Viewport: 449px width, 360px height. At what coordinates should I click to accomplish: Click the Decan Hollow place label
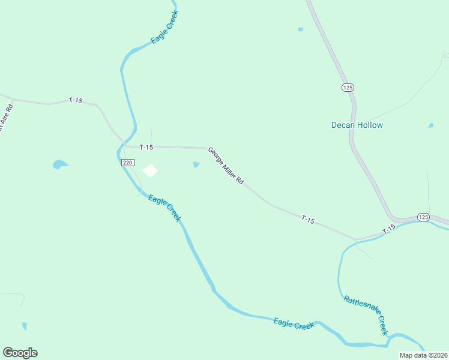coord(357,125)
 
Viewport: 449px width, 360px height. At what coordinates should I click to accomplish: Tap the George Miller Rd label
coord(226,166)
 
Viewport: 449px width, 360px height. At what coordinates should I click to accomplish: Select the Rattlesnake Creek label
coord(366,315)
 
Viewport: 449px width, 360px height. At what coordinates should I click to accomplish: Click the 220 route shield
coord(127,163)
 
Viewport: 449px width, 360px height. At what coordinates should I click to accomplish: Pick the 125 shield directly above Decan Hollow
coord(348,88)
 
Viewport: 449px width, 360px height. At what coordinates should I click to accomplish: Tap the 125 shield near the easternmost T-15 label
coord(423,217)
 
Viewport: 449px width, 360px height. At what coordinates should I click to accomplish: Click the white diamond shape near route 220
coord(149,171)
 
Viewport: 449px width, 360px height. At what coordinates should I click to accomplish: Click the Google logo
coord(20,353)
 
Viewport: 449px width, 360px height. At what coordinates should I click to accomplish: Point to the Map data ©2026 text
coord(423,355)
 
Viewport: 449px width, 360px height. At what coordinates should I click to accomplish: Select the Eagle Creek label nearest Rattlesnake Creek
coord(294,323)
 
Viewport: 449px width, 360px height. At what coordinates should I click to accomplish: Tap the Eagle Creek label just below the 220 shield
coord(164,208)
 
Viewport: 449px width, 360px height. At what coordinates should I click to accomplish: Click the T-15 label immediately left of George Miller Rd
coord(146,147)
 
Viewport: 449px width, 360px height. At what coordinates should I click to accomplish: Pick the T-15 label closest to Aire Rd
coord(75,100)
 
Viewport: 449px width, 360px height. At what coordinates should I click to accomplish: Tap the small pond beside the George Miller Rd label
coord(196,164)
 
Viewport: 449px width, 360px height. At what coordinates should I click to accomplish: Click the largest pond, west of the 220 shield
coord(60,164)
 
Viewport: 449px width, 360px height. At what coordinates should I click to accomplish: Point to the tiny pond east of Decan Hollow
coord(430,125)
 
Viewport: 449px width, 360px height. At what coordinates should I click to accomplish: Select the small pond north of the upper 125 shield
coord(300,29)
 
